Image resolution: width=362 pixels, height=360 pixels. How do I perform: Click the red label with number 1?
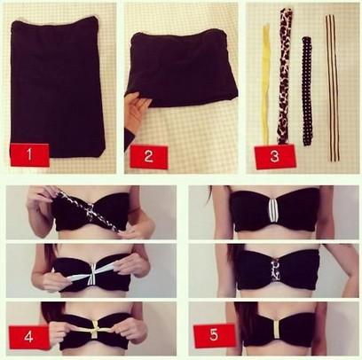coord(29,154)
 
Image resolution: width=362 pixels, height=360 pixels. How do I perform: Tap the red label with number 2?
coord(149,157)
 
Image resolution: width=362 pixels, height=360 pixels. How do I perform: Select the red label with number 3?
coord(275,156)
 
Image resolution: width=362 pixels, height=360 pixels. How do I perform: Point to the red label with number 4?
coord(28,337)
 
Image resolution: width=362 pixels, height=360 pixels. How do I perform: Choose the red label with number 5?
coord(215,335)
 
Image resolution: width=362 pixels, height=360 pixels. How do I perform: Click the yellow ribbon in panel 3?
coord(266,83)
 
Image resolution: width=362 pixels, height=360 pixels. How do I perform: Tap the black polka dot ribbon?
coord(307,91)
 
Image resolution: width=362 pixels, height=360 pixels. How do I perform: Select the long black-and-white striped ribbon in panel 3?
coord(333,89)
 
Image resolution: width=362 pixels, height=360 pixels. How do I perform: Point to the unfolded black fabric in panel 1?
coord(57,87)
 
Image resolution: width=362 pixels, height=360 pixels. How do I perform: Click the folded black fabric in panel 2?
coord(181,68)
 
